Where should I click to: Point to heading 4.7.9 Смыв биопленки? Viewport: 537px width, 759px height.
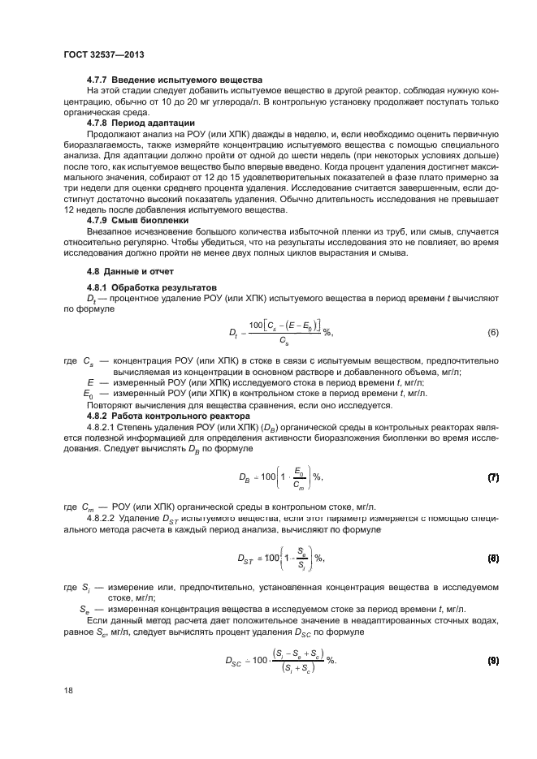click(137, 220)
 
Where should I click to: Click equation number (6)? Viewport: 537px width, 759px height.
click(492, 334)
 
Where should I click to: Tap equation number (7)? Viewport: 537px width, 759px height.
click(492, 477)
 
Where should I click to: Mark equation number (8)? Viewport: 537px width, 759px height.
click(492, 558)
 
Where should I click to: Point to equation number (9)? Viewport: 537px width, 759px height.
click(492, 660)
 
